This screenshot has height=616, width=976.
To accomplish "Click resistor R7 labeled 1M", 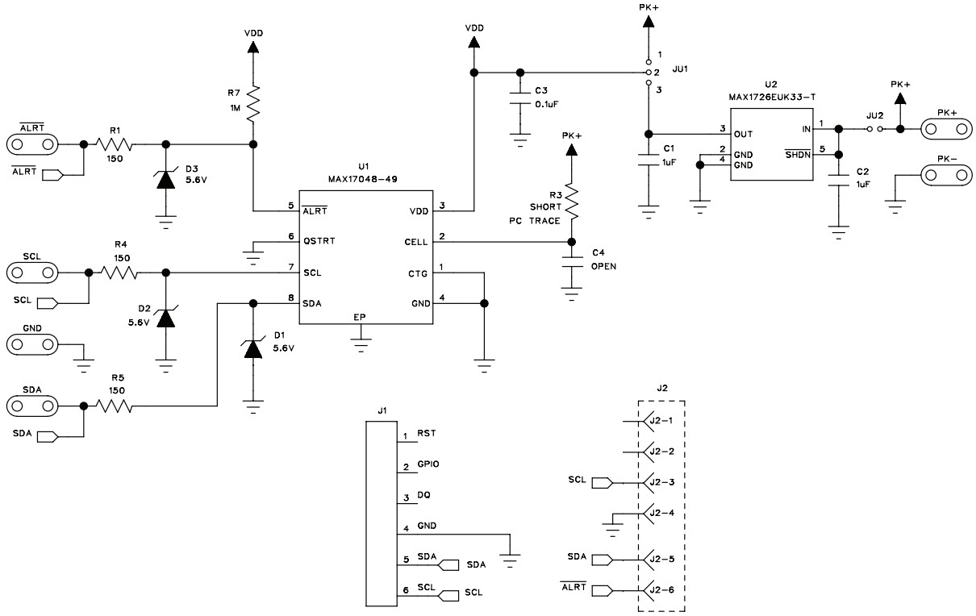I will pyautogui.click(x=254, y=103).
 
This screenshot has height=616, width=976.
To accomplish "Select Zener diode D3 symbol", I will pyautogui.click(x=166, y=180).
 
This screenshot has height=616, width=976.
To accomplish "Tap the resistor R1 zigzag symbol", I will pyautogui.click(x=114, y=144).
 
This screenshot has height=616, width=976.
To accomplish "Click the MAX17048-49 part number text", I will pyautogui.click(x=363, y=179).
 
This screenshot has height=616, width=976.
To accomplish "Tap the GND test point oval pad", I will pyautogui.click(x=32, y=345).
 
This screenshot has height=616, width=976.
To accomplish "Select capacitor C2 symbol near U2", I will pyautogui.click(x=840, y=184).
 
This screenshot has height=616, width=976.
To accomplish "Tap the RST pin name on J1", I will pyautogui.click(x=427, y=434).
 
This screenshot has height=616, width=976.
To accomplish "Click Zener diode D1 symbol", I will pyautogui.click(x=253, y=348).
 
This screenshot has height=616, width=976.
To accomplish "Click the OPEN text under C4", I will pyautogui.click(x=603, y=266).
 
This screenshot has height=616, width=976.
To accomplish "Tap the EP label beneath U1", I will pyautogui.click(x=360, y=317).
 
